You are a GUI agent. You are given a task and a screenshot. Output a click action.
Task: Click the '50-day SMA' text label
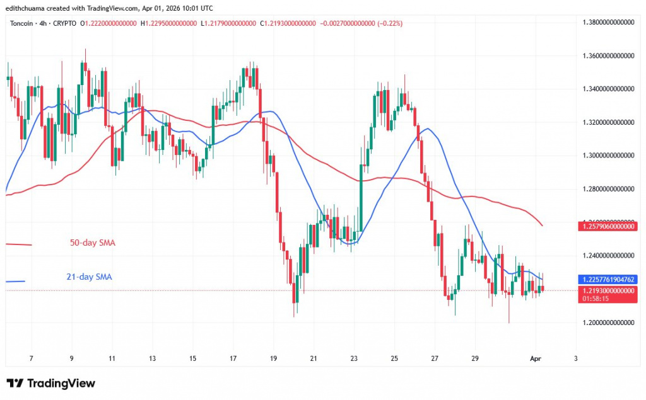[x=92, y=243]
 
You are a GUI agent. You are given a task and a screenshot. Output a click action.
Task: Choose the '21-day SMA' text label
[x=89, y=277]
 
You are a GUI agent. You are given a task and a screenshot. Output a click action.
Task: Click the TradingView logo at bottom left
[x=50, y=383]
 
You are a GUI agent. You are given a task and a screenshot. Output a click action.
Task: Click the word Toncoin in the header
[x=21, y=23]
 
